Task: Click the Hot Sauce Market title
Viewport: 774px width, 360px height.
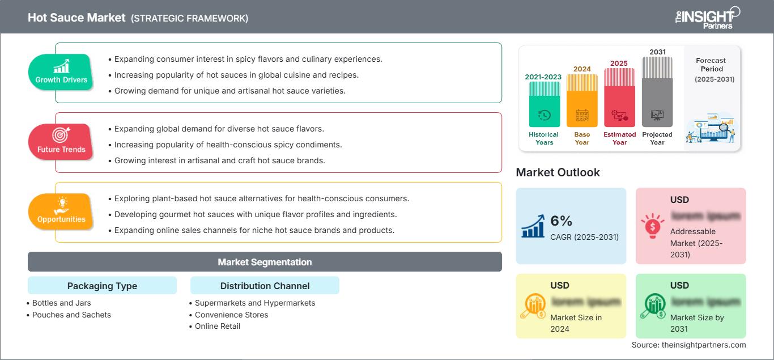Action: [x=76, y=18]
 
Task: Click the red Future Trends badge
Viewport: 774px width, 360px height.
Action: [x=61, y=142]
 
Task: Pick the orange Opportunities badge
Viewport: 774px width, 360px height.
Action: [x=61, y=211]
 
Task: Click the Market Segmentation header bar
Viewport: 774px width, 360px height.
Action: [x=265, y=262]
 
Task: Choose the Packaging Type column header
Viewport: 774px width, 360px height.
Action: [x=102, y=286]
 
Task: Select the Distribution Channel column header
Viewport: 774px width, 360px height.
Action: [x=265, y=286]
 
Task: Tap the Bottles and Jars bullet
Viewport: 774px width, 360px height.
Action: [x=61, y=303]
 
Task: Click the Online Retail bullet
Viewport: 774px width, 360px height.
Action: [x=218, y=326]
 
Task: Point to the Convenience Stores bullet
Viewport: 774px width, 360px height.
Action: [x=231, y=315]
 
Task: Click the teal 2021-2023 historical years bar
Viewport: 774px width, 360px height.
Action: [x=544, y=105]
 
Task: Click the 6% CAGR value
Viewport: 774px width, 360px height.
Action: [x=561, y=221]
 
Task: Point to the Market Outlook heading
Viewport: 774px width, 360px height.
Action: [x=558, y=172]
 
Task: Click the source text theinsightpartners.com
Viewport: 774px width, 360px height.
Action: [x=688, y=345]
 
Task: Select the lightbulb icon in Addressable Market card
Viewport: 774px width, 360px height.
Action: [x=653, y=226]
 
